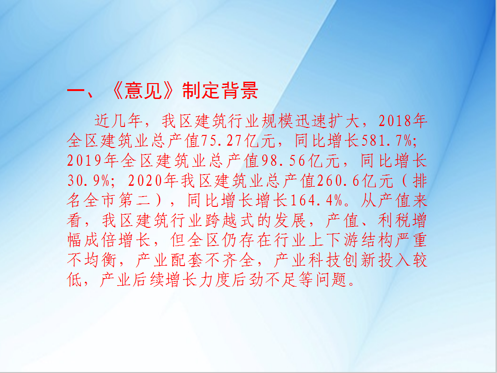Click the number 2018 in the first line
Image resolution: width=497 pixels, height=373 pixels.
click(395, 121)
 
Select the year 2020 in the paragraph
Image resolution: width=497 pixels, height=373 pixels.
click(146, 181)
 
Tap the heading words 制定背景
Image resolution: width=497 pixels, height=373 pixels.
click(220, 91)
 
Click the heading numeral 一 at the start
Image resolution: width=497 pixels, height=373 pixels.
click(76, 91)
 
